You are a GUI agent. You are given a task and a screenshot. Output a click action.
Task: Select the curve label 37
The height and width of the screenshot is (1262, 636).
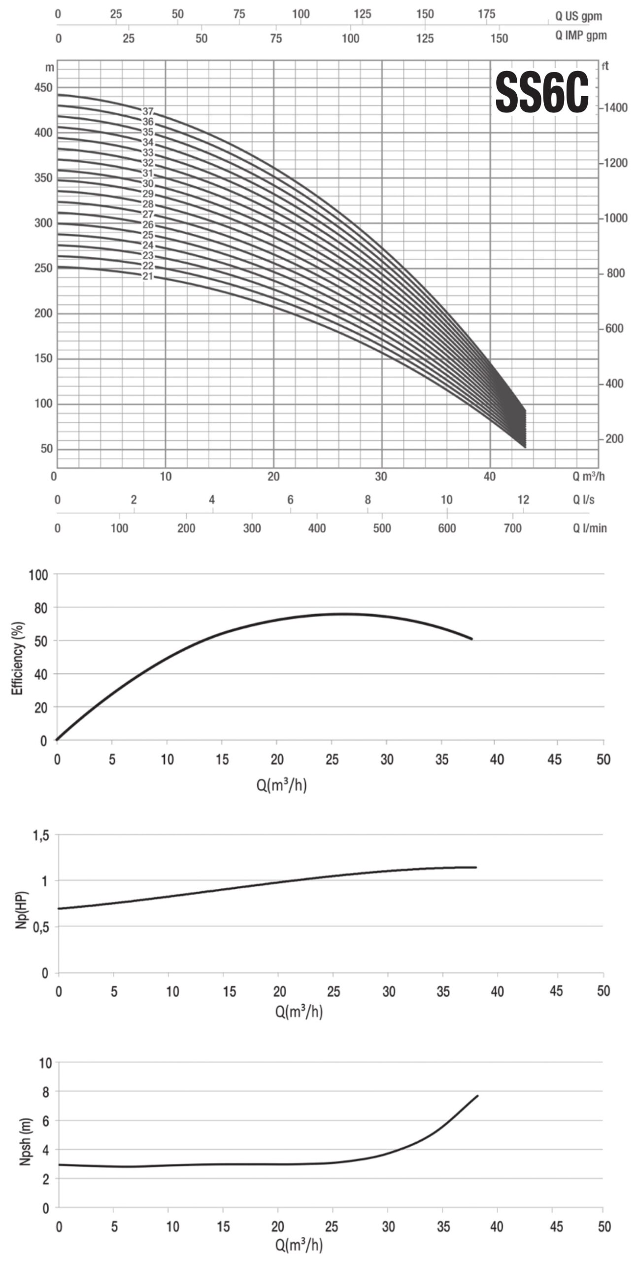[148, 112]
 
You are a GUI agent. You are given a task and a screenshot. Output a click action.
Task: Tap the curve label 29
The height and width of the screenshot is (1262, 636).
[148, 194]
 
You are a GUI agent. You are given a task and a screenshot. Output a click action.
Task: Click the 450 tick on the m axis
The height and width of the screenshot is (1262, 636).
[43, 88]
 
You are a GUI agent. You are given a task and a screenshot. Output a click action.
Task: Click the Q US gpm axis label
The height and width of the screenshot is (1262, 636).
[578, 16]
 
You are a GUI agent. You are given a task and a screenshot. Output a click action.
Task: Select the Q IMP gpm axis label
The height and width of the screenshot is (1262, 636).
[581, 35]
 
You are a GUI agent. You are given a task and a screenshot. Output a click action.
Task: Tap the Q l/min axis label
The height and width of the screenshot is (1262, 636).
[589, 528]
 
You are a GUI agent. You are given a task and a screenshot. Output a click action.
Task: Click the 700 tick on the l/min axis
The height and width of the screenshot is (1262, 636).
[512, 528]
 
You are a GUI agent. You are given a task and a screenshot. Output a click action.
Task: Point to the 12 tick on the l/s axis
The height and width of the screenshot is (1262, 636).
[523, 500]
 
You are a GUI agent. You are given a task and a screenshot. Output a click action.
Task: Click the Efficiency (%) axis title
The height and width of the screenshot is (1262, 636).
[18, 658]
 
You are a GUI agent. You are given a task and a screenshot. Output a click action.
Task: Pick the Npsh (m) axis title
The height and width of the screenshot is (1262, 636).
[25, 1134]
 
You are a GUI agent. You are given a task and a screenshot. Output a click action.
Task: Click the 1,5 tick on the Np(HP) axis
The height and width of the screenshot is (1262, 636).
[41, 835]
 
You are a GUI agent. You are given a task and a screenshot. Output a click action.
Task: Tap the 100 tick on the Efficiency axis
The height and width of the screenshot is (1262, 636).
[38, 575]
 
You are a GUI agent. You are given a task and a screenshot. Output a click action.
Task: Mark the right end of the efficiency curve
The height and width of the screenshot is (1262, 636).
[471, 639]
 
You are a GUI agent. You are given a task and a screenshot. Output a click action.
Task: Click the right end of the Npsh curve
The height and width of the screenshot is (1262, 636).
[477, 1096]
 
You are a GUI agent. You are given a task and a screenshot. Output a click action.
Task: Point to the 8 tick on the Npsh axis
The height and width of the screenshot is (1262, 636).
[45, 1092]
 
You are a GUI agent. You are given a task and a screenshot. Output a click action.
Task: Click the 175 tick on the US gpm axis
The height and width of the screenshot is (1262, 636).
[487, 14]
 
